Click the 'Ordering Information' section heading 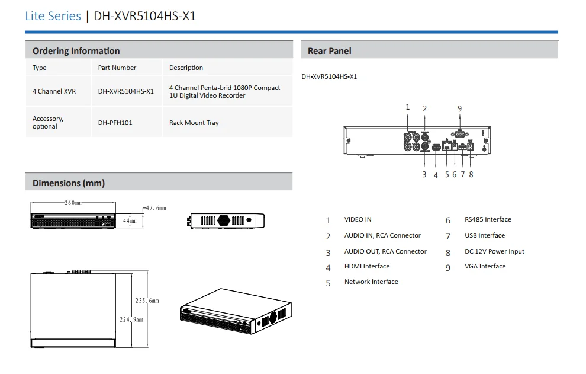76,51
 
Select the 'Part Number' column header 117,68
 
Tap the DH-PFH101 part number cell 115,123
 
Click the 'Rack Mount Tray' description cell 194,123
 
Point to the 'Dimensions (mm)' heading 68,183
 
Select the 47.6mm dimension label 156,209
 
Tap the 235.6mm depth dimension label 147,301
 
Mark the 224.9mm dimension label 132,319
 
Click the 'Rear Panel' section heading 329,51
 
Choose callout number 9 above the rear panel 459,108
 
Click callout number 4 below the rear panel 436,175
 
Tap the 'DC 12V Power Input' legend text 494,251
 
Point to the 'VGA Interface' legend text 485,267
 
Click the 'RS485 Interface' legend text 488,219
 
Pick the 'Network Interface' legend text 371,282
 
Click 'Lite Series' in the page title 53,16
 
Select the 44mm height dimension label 129,220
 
